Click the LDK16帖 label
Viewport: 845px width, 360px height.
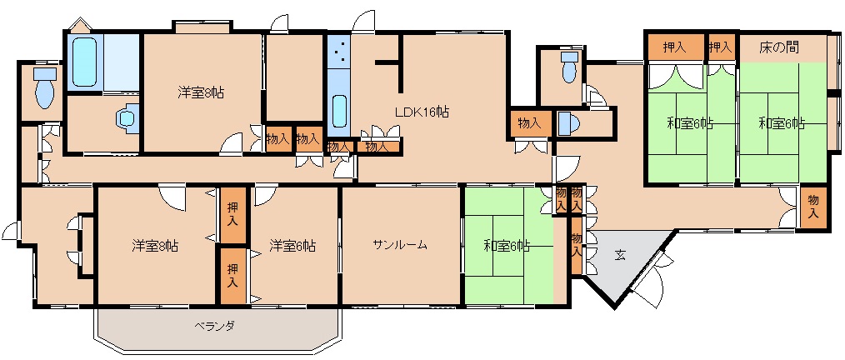pyautogui.click(x=422, y=112)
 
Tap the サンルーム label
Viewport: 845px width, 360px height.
pyautogui.click(x=400, y=245)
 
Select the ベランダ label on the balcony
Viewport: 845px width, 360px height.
pyautogui.click(x=214, y=326)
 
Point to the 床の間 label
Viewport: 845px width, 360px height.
pyautogui.click(x=778, y=47)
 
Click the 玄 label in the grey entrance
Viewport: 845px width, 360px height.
pyautogui.click(x=620, y=256)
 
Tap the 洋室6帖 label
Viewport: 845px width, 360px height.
pyautogui.click(x=292, y=247)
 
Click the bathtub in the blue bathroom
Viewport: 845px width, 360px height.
pyautogui.click(x=85, y=62)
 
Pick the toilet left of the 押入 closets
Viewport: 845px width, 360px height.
pyautogui.click(x=569, y=67)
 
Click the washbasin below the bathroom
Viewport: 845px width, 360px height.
pyautogui.click(x=128, y=118)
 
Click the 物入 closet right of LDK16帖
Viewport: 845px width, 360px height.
pyautogui.click(x=529, y=123)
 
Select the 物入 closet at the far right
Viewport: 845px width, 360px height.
pyautogui.click(x=813, y=207)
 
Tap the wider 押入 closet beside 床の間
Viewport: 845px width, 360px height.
pyautogui.click(x=676, y=47)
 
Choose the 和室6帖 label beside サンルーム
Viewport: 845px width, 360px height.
pyautogui.click(x=507, y=247)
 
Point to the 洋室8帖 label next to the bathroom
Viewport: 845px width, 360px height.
pyautogui.click(x=201, y=92)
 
